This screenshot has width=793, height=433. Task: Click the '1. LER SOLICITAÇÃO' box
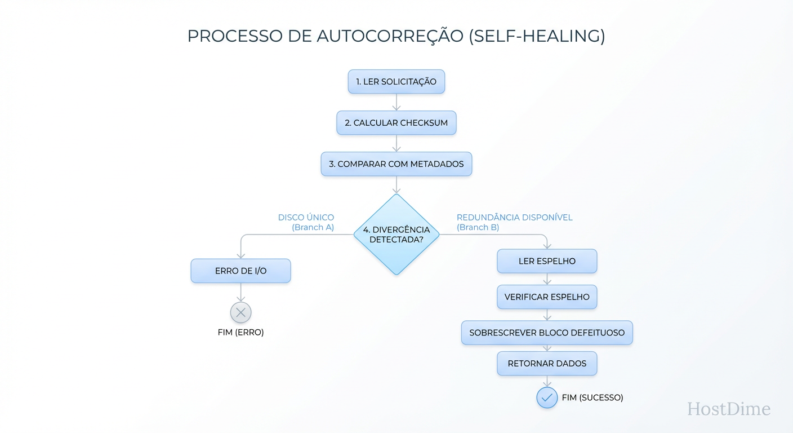396,82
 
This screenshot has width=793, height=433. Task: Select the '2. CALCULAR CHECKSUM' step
396,123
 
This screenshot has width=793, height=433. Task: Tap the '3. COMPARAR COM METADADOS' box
396,164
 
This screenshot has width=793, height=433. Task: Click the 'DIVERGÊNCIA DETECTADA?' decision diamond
396,235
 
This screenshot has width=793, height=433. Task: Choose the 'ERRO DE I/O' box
240,271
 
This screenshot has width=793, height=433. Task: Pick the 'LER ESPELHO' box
546,262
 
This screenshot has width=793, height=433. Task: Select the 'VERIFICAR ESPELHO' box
546,297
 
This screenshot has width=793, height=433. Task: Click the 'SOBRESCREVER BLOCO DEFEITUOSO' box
546,333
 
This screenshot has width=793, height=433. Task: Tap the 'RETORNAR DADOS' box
546,364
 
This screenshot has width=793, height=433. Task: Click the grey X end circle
240,312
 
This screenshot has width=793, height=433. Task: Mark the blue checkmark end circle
546,397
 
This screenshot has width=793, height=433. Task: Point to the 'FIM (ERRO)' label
240,333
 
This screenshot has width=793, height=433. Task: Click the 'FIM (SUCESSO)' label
592,397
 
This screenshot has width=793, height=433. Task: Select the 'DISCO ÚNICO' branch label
306,218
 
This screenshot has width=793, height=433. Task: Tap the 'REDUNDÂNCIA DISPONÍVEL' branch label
514,218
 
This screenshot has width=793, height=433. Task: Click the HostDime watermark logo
728,409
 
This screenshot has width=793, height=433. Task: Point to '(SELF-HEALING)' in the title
537,36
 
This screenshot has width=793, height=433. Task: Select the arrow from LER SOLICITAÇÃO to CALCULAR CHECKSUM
396,102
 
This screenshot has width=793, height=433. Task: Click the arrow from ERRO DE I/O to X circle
240,292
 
